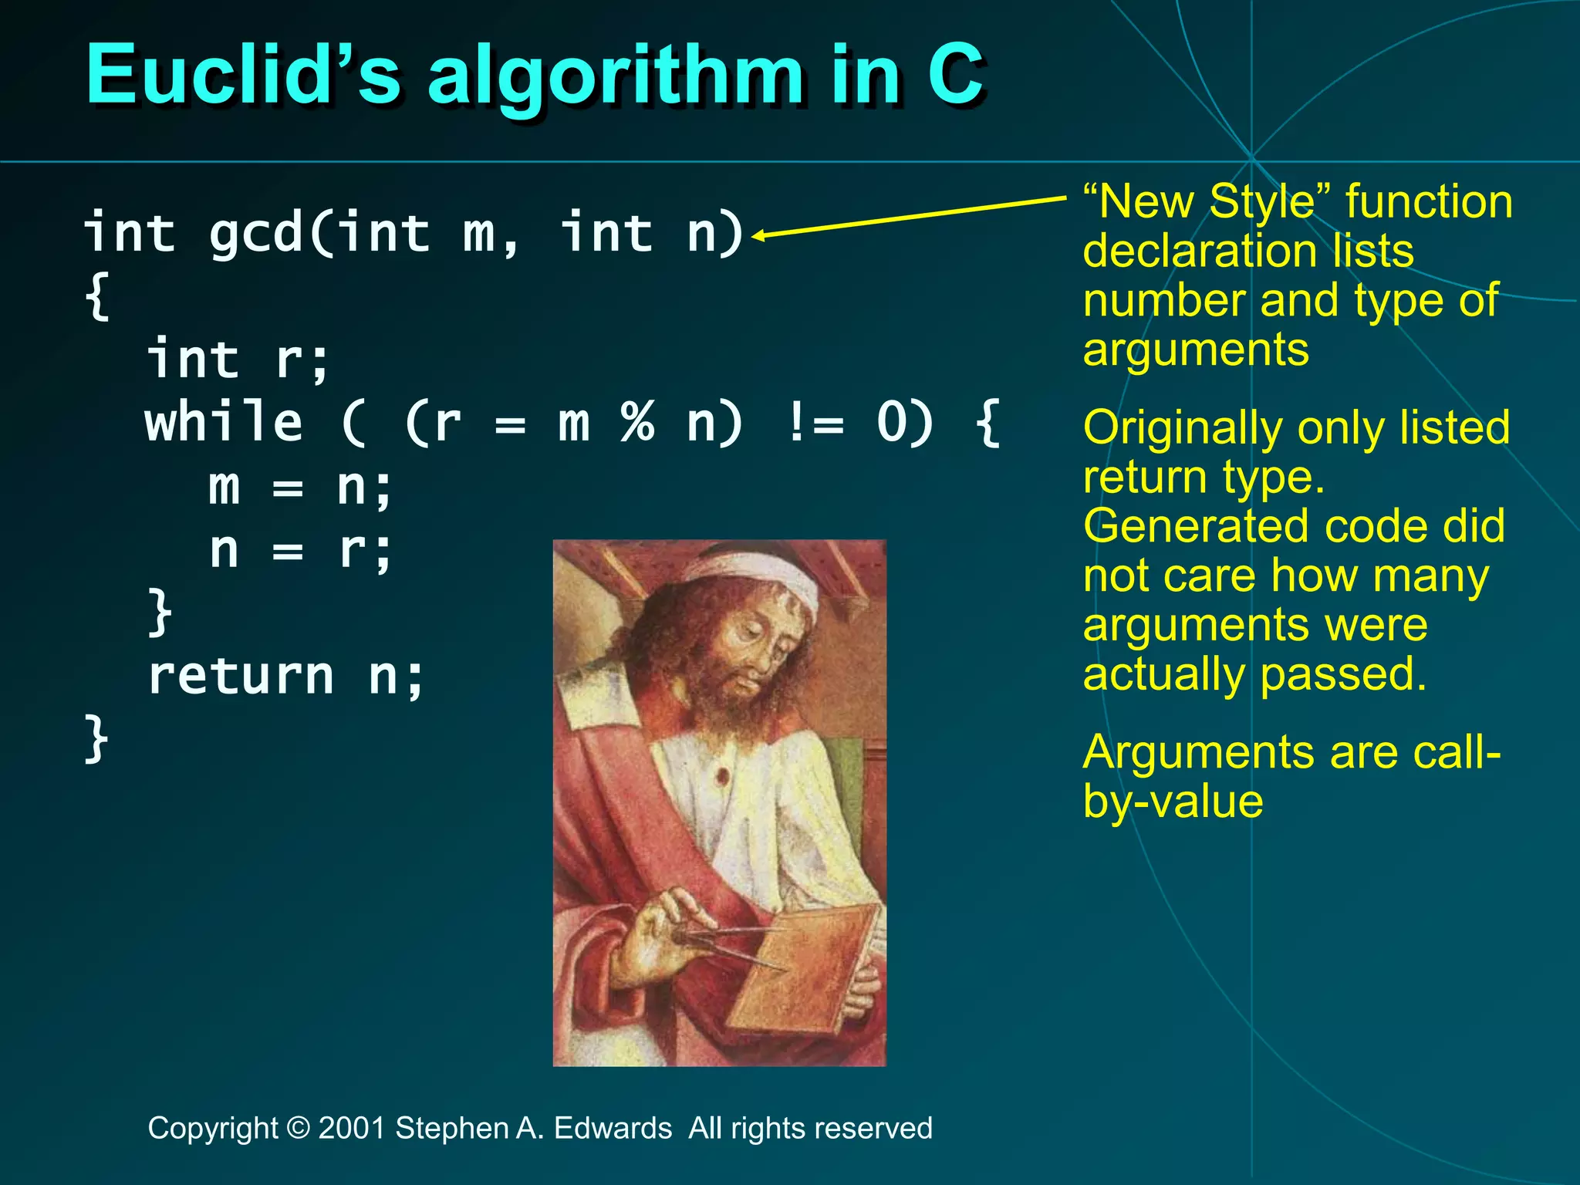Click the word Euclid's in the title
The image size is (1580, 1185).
242,76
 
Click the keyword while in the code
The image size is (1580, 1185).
224,423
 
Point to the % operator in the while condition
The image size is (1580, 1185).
637,423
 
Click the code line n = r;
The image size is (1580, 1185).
301,551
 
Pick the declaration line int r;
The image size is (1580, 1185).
239,360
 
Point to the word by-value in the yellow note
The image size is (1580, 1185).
1173,801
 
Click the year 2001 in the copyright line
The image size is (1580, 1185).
352,1128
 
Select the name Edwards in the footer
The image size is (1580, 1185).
613,1128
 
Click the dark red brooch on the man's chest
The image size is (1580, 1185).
723,774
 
